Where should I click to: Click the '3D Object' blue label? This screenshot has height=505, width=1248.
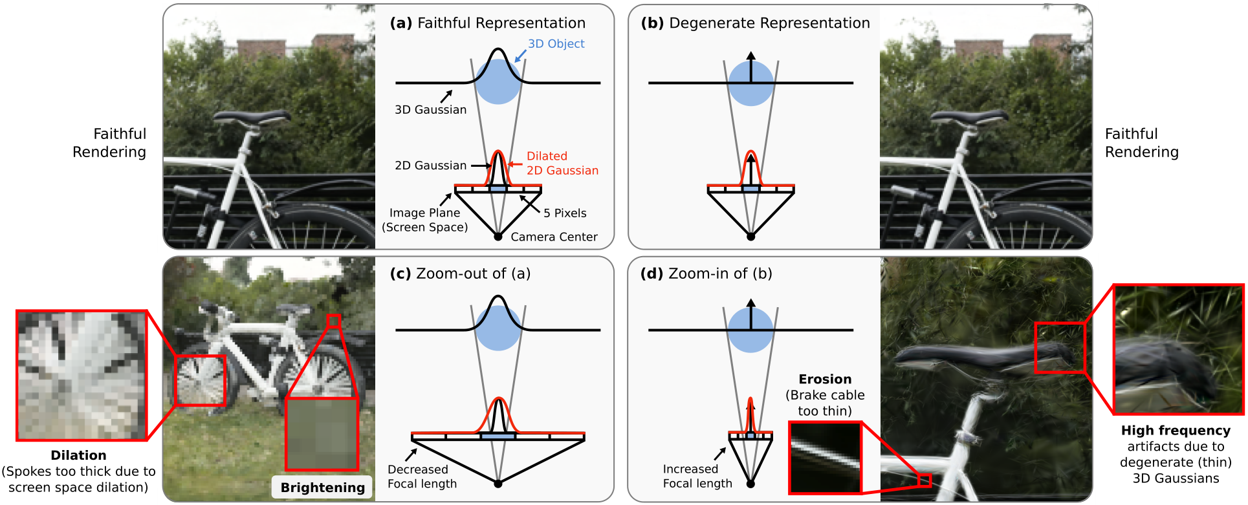tap(556, 44)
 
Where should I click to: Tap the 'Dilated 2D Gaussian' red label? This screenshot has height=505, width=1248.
tap(562, 164)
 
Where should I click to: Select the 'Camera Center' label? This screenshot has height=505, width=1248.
tap(554, 237)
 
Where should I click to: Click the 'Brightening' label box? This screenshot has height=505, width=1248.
tap(322, 488)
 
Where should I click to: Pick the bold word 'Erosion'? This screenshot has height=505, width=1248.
tap(825, 380)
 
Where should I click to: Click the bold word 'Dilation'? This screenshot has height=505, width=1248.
tap(78, 455)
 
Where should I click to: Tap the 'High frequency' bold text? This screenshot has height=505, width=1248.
tap(1176, 431)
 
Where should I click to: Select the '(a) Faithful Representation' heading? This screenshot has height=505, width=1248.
tap(487, 23)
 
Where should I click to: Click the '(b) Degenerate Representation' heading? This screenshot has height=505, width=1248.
tap(755, 23)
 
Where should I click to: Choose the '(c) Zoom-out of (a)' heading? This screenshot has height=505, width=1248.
tap(460, 274)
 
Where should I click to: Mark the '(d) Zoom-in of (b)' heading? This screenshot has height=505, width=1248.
tap(706, 274)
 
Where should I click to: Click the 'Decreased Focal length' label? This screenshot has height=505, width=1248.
tap(422, 477)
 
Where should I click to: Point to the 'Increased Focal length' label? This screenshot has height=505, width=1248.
tap(697, 477)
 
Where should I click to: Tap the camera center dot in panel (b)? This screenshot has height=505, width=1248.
tap(750, 237)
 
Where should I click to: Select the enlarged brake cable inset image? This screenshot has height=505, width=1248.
tap(825, 458)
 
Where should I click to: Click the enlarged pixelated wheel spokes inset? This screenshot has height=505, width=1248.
tap(82, 375)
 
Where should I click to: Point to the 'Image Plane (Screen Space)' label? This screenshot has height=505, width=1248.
tap(424, 220)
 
